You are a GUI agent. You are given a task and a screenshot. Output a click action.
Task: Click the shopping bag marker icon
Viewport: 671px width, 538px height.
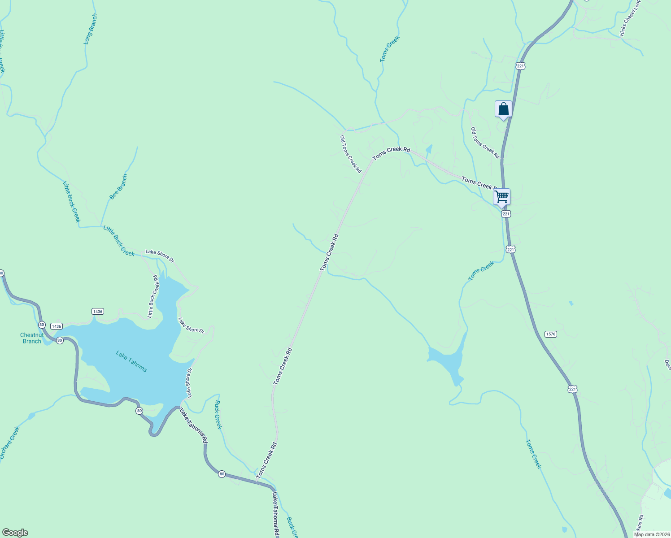pos(503,109)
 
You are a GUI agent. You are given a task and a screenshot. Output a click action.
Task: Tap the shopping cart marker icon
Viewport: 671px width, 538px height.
pos(501,196)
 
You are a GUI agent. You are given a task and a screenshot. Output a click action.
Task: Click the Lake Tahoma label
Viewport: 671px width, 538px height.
pos(131,361)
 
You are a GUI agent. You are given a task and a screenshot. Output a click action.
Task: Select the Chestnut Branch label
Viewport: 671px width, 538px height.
pos(32,338)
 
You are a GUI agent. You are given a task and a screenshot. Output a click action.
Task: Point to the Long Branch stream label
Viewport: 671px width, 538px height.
pos(91,29)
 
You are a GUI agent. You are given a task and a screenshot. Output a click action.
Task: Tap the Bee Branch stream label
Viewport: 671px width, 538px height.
pos(118,187)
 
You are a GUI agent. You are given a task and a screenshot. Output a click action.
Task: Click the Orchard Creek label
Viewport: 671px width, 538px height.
pos(9,443)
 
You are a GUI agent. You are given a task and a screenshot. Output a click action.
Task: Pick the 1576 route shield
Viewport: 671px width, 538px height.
pos(550,334)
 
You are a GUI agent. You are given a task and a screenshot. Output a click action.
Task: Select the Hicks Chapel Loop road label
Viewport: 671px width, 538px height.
pos(631,18)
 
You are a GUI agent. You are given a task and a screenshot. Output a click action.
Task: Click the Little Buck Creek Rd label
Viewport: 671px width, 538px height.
pos(153,296)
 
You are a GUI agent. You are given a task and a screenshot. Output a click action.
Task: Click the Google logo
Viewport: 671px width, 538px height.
pos(15,533)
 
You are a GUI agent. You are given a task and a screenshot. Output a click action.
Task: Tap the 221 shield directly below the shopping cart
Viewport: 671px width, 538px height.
pos(506,214)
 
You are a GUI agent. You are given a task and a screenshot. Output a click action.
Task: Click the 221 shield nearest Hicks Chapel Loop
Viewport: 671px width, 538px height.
pos(520,66)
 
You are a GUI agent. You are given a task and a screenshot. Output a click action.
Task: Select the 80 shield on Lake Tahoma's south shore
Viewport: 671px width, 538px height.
pos(139,411)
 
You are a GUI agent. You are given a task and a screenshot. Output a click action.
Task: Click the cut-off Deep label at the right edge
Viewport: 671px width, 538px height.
pos(667,365)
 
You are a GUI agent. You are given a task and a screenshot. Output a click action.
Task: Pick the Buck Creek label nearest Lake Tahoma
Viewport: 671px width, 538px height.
pos(218,415)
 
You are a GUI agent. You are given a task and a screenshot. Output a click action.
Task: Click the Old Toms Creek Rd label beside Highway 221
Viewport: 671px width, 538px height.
pos(485,143)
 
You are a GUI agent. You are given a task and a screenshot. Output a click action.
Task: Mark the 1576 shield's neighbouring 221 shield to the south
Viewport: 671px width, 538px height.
pos(572,389)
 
